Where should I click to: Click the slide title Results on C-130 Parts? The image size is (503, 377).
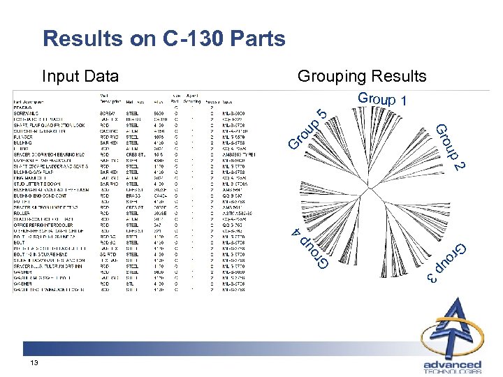tap(163, 38)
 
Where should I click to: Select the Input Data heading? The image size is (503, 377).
tap(80, 75)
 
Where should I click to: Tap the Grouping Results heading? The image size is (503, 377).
tap(361, 75)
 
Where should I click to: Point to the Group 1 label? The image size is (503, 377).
tap(382, 99)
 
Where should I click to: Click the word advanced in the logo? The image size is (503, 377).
tap(452, 364)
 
